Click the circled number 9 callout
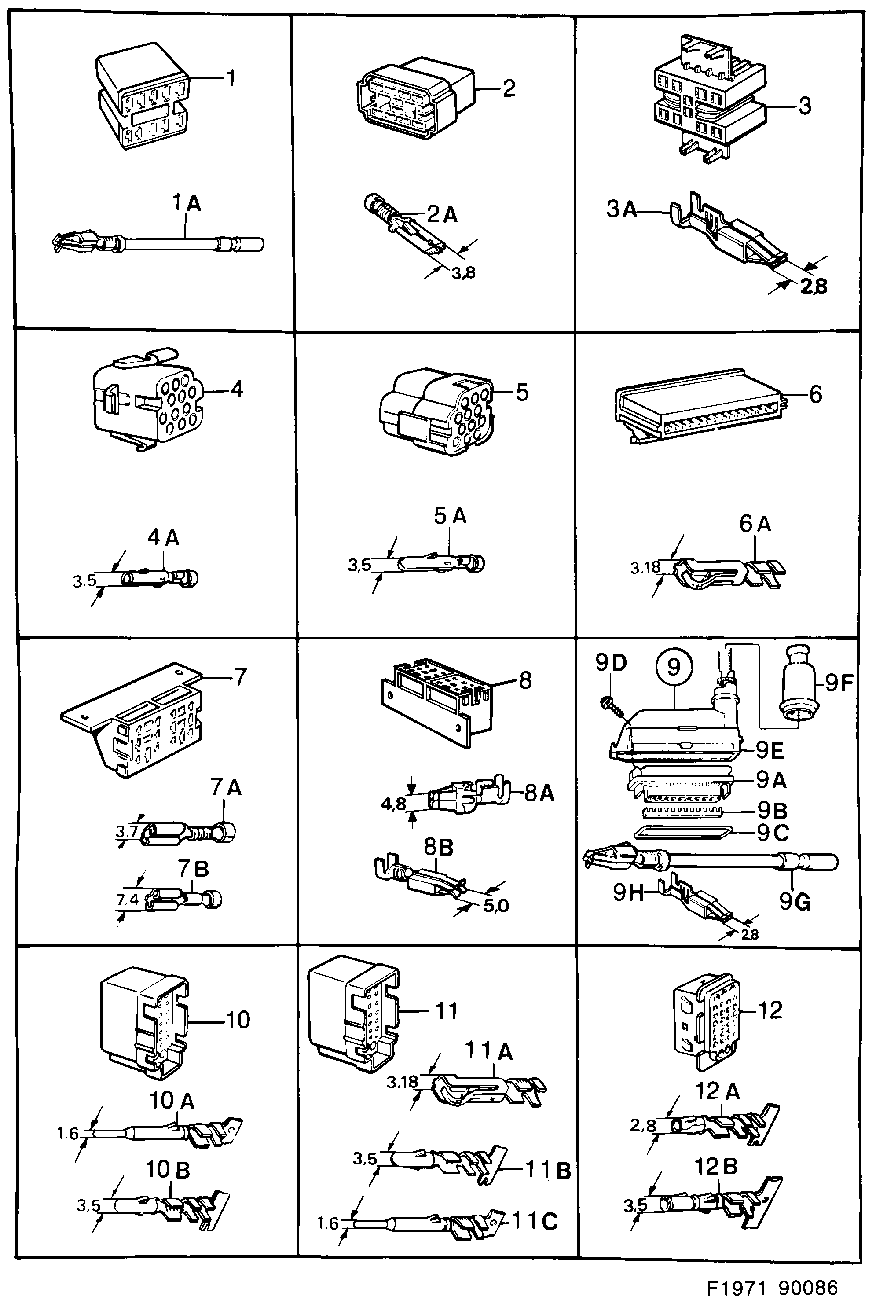[x=674, y=666]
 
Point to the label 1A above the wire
[x=186, y=203]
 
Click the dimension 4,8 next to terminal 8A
[x=393, y=804]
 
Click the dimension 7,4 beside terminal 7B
[x=128, y=899]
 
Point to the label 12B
[x=716, y=1167]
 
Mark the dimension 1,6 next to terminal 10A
[x=68, y=1134]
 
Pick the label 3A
[x=622, y=209]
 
